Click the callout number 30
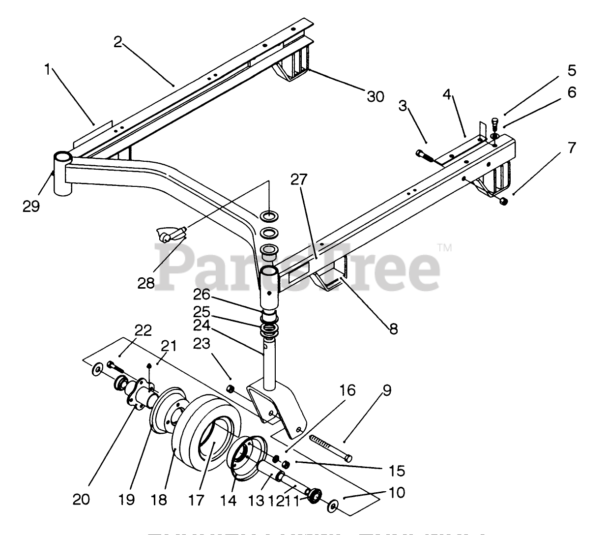pyautogui.click(x=376, y=96)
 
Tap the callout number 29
pyautogui.click(x=30, y=207)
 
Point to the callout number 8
pyautogui.click(x=393, y=328)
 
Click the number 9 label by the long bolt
pyautogui.click(x=387, y=391)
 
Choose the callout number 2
pyautogui.click(x=117, y=42)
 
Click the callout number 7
pyautogui.click(x=571, y=147)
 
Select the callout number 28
pyautogui.click(x=146, y=283)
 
